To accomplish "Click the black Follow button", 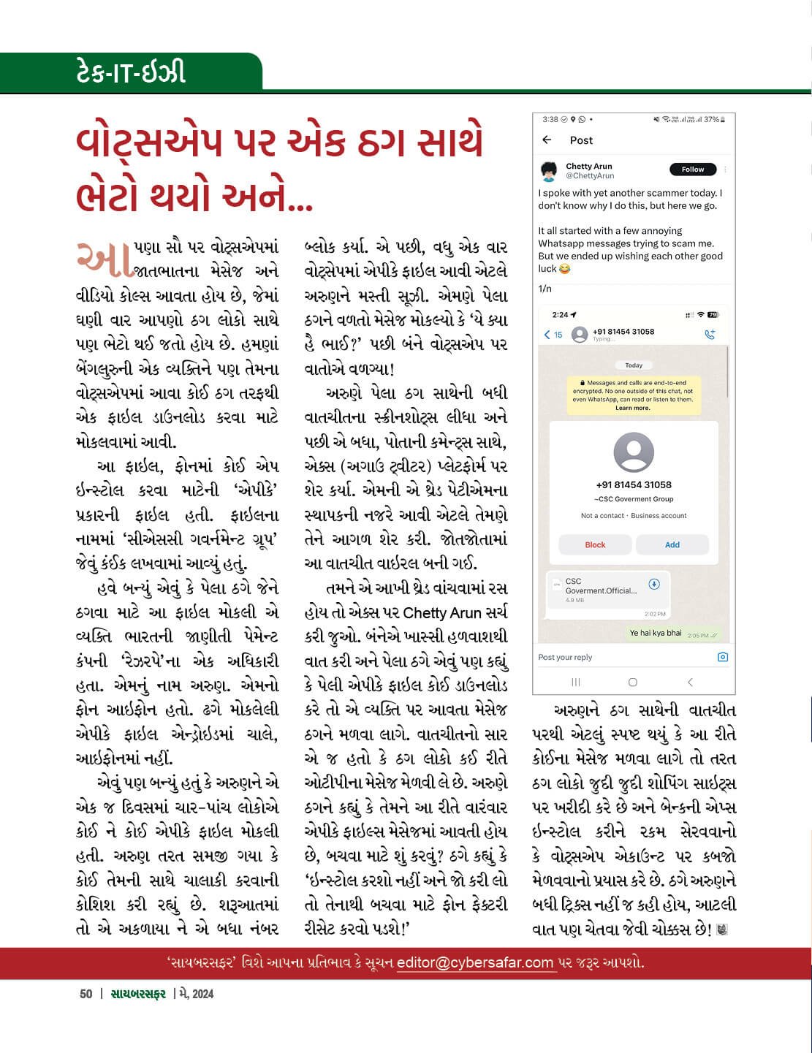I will (693, 170).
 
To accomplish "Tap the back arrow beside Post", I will (547, 140).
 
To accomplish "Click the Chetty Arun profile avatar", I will (550, 171).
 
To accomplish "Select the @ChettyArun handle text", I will (590, 176).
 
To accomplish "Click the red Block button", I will (595, 544).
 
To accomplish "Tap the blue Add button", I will (672, 544).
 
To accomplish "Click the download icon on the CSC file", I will (655, 584).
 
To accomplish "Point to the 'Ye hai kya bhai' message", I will (656, 633).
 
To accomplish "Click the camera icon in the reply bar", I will (723, 657).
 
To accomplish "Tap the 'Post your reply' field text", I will (565, 657).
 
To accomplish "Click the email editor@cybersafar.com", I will (475, 962).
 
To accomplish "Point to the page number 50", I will (86, 994).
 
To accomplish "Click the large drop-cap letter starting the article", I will (104, 259).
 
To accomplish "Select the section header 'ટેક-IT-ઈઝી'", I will (131, 72).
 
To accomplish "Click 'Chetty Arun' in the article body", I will (455, 612).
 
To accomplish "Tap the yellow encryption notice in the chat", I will (633, 395).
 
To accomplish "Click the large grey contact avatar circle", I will (634, 452).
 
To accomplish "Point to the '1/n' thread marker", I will (545, 289).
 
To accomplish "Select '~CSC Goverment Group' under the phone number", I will (634, 499).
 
